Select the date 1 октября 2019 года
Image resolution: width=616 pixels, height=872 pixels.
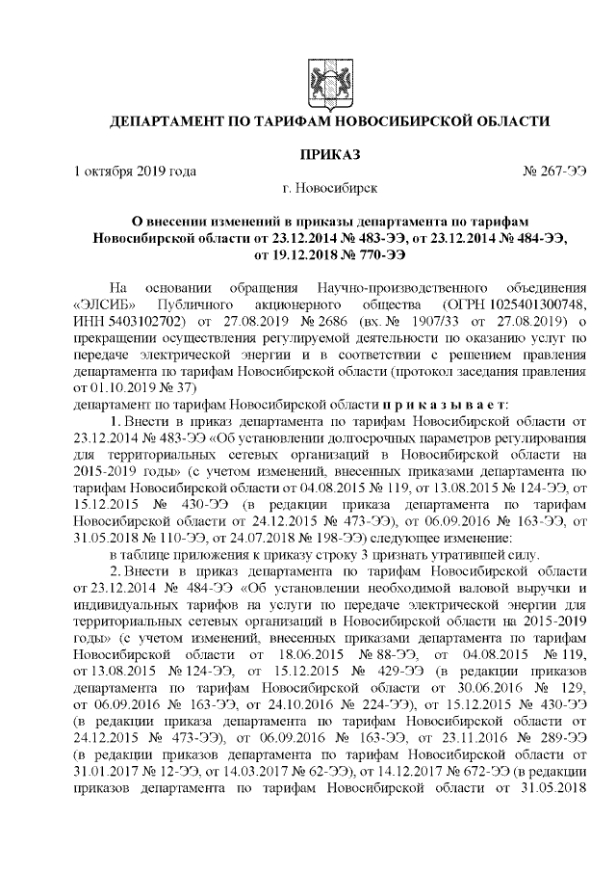tap(136, 171)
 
